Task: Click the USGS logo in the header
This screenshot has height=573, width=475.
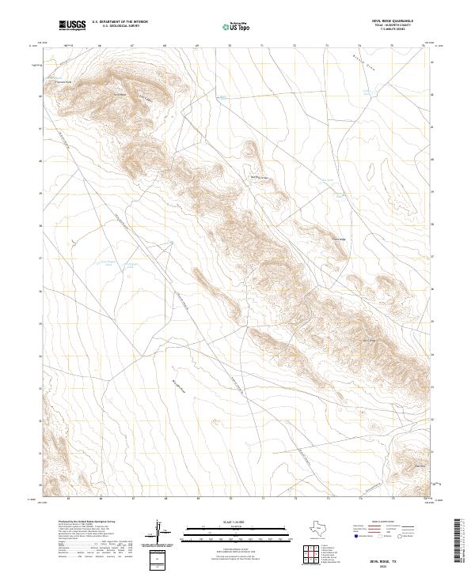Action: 72,26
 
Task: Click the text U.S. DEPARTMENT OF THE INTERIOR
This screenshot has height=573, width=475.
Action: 120,22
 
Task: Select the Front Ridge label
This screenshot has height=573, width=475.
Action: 338,239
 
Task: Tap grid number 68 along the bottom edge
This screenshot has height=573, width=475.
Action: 165,499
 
